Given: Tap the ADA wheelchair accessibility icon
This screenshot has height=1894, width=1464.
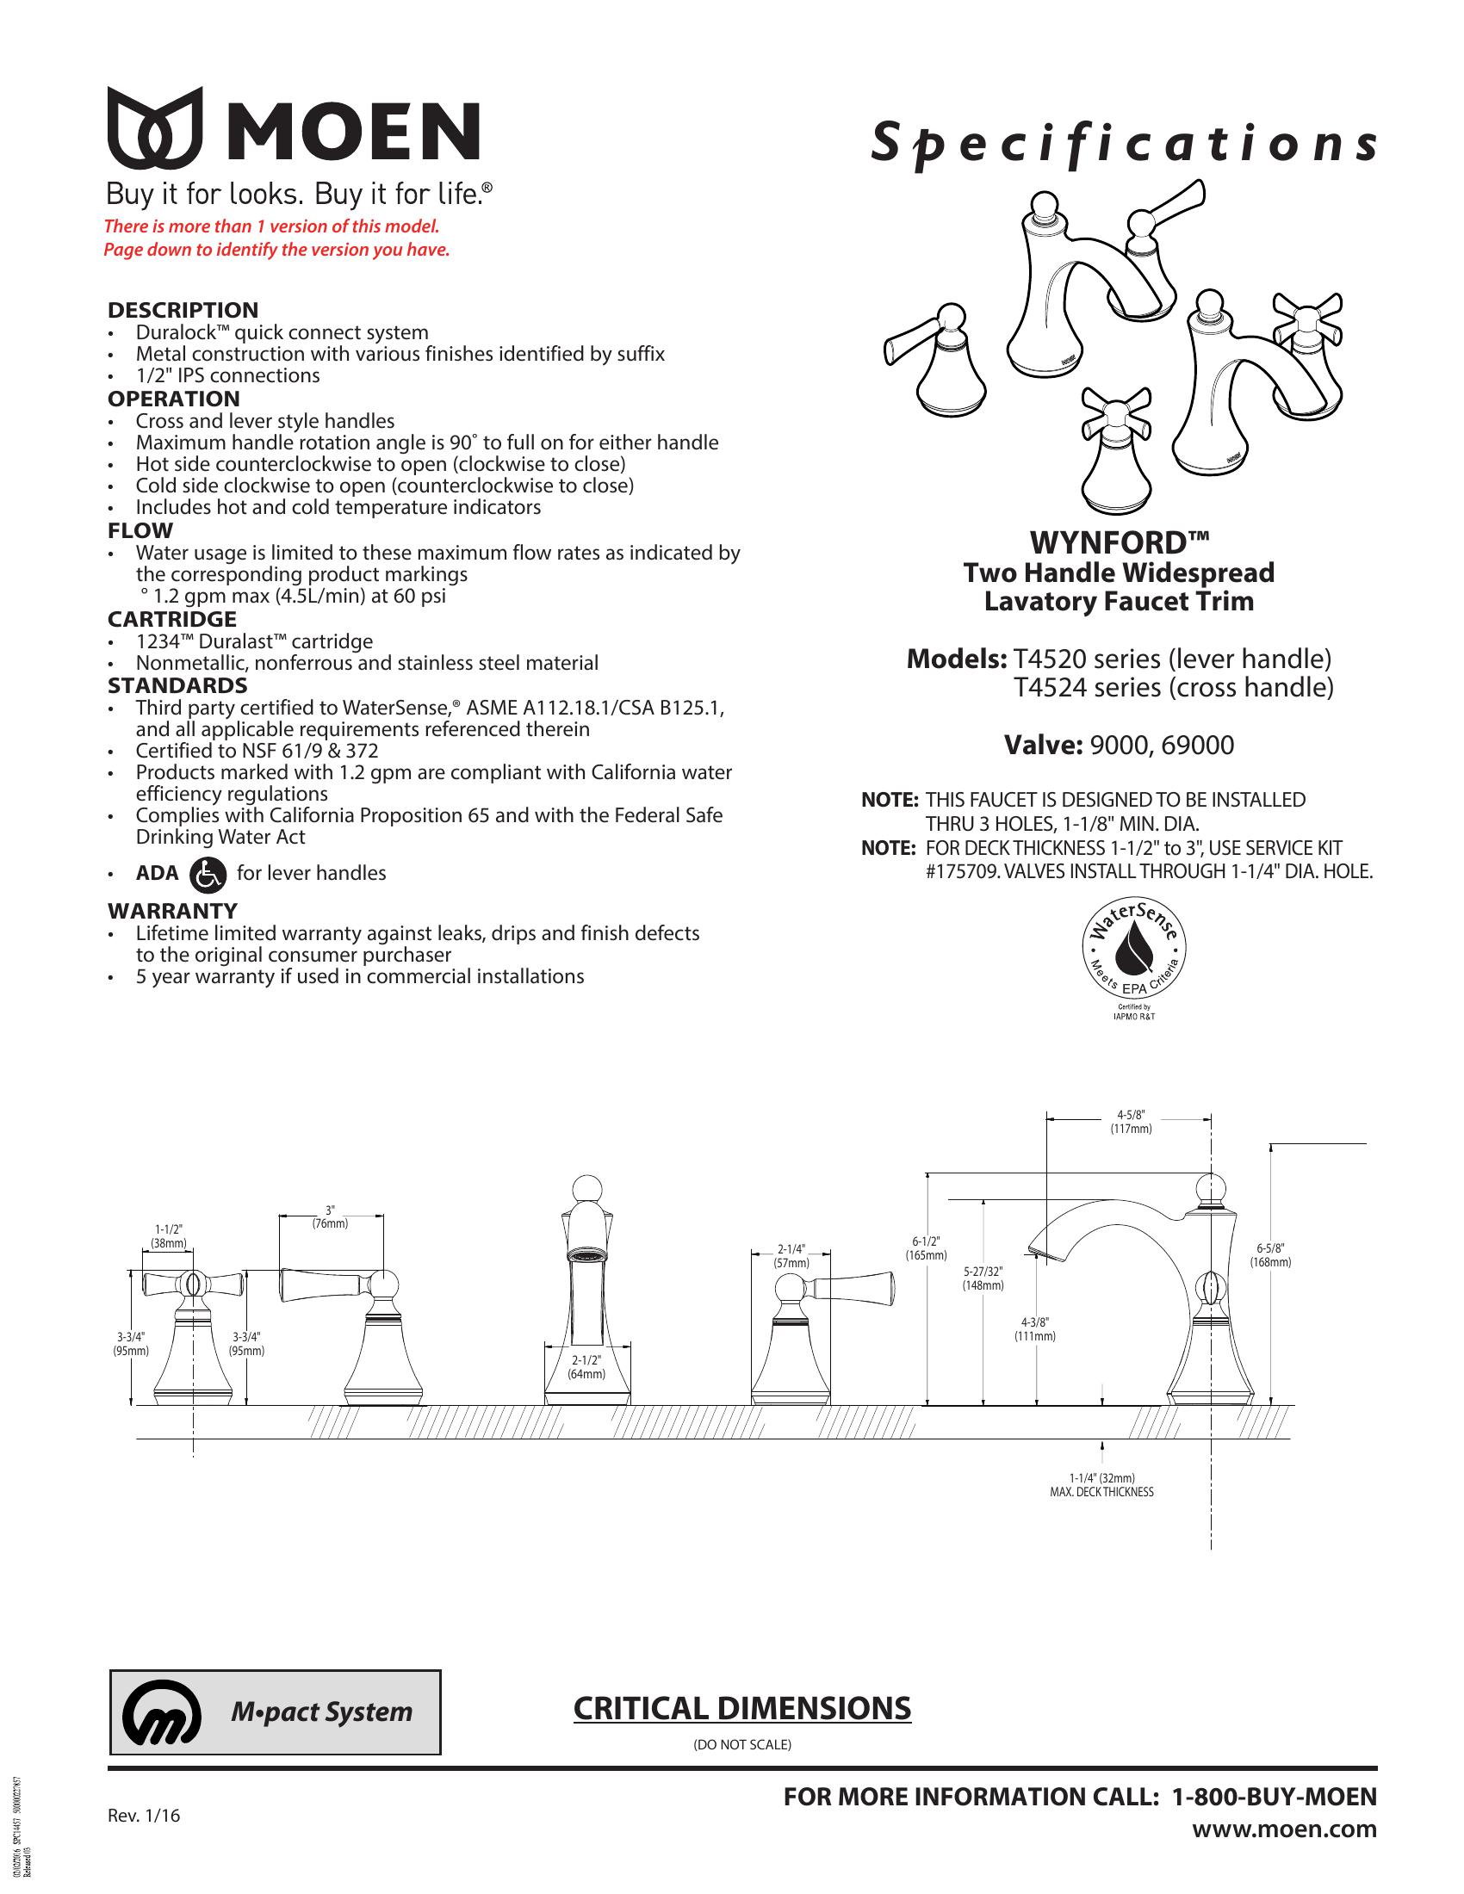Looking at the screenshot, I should coord(207,873).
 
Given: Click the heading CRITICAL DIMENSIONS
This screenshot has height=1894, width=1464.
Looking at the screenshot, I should coord(741,1707).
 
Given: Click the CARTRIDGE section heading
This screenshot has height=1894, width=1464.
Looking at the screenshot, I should coord(171,619).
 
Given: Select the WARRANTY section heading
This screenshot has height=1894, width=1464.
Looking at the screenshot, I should coord(171,911).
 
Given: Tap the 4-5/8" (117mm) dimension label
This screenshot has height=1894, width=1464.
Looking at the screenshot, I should coord(1131,1121).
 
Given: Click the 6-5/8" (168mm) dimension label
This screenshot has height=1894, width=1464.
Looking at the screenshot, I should coord(1269,1255).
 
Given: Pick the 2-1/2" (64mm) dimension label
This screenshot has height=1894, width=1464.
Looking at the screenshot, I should coord(586,1368).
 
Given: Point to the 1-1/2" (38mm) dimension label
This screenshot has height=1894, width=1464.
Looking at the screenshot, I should coord(168,1235).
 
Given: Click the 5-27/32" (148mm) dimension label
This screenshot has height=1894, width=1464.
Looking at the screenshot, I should coord(983,1278).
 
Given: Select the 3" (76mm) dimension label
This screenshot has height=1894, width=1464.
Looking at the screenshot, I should coord(330,1216).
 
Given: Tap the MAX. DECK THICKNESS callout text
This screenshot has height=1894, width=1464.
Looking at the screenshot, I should coord(1101,1493).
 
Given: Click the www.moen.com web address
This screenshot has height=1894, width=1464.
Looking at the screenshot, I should coord(1284,1829).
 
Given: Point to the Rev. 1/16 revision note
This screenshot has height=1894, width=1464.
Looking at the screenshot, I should coord(144,1815).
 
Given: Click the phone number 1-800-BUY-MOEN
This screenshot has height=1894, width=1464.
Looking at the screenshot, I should coord(1273,1797).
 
